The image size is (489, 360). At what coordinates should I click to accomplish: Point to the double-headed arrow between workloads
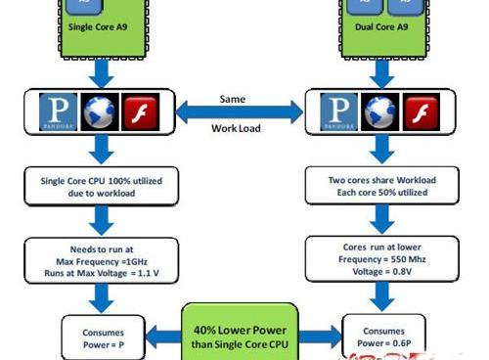[240, 111]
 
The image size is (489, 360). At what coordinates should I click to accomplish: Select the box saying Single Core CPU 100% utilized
[101, 187]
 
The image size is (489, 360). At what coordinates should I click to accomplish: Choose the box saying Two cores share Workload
[381, 186]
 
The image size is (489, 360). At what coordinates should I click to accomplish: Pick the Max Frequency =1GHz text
[101, 263]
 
